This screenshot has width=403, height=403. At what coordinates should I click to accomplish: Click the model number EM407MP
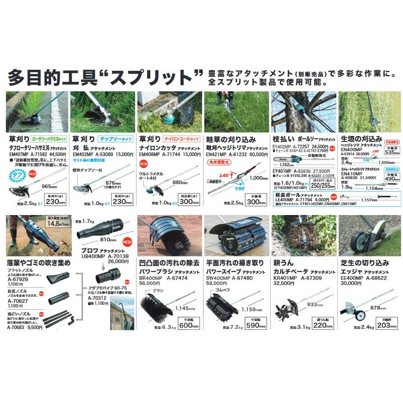pos(17,155)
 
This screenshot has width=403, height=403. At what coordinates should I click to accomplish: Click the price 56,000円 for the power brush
pos(149,284)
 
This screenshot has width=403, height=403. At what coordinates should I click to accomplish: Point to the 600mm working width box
pos(189,325)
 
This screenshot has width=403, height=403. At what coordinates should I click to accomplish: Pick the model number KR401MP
pos(284,278)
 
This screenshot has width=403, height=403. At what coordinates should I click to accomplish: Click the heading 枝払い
pos(283,139)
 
